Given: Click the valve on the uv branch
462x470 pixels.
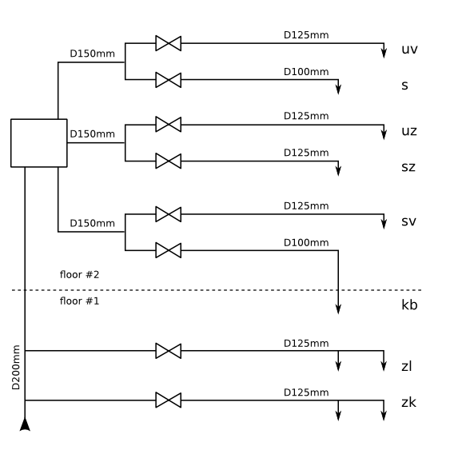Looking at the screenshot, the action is point(168,43).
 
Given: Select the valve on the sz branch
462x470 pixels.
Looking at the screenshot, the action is point(168,161).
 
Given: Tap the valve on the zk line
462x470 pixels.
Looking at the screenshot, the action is point(168,400).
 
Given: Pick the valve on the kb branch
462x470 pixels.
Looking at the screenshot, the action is point(168,250).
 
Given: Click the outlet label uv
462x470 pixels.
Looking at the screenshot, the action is point(409,50).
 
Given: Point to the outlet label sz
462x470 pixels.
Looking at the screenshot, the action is point(408,167).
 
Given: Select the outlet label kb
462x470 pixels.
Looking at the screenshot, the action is point(409,305).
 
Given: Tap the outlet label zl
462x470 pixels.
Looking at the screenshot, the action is point(406,366).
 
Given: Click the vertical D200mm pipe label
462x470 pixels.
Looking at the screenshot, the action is point(16,367).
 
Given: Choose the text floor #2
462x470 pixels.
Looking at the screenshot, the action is point(79,275).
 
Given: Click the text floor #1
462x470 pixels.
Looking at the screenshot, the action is point(79,301).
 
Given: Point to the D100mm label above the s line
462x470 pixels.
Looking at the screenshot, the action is point(306,72).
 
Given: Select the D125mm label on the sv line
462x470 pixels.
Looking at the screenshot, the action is point(306,206).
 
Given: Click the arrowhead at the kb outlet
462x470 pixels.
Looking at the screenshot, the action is point(338,309).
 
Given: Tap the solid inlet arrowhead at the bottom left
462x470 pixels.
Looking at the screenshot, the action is point(25,424).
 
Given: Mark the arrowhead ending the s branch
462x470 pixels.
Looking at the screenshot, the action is point(338,90).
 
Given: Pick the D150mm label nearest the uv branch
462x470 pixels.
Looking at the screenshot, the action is point(93,54).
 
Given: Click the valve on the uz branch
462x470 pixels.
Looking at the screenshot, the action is point(168,125).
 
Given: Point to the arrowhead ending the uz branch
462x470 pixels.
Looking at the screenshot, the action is point(384,135).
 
